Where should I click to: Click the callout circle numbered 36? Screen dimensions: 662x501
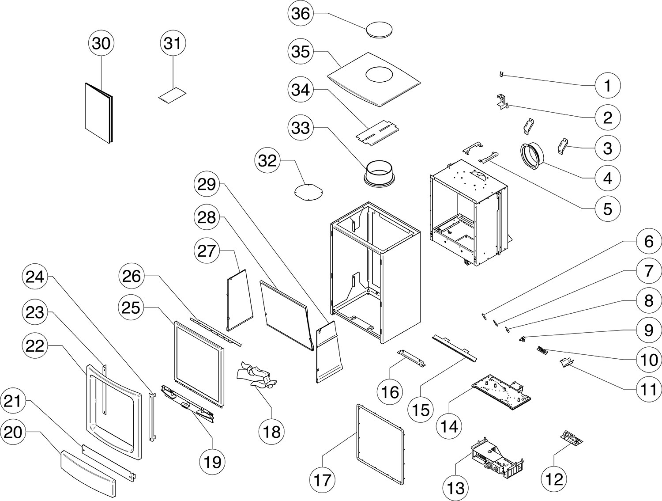pos(301,13)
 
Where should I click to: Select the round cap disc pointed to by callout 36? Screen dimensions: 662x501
pos(380,30)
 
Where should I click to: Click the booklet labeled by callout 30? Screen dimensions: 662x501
pos(98,113)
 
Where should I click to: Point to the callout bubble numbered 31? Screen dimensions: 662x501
pos(173,43)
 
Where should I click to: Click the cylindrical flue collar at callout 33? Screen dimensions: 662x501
pos(379,173)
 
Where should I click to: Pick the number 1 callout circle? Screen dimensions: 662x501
pos(608,85)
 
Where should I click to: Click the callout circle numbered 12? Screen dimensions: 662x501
pos(554,479)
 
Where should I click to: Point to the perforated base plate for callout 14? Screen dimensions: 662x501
pos(501,392)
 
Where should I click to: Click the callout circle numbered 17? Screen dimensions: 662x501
pos(323,479)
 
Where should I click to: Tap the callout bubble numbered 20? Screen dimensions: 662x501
pos(13,432)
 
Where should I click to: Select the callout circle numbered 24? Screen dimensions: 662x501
pos(35,277)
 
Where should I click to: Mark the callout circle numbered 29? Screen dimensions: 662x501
pos(207,184)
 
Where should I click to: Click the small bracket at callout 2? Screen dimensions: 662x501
pos(502,102)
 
